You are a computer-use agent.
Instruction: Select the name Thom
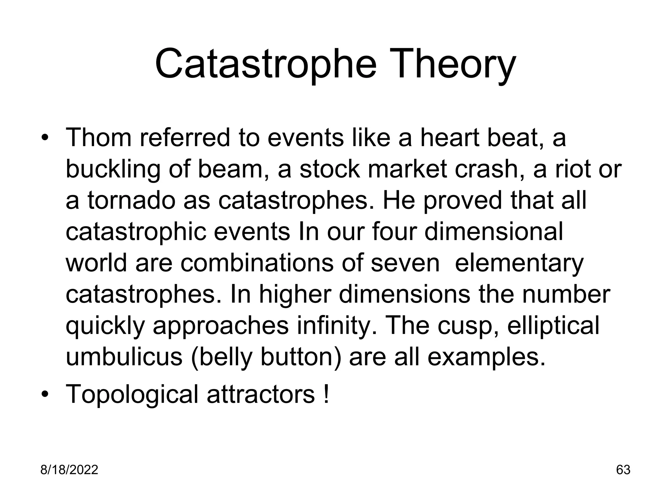point(99,138)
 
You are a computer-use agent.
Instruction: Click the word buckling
point(113,169)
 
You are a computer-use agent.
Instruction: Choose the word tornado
point(131,200)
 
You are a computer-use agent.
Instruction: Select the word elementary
point(519,263)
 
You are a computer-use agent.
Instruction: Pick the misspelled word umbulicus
point(124,357)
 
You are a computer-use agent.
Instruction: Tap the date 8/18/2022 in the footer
point(69,470)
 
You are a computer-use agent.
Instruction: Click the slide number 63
point(623,470)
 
